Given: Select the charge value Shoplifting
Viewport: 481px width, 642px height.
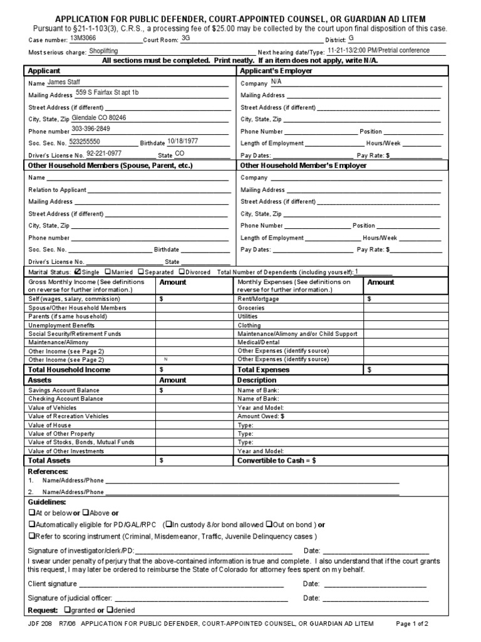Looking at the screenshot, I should pos(104,51).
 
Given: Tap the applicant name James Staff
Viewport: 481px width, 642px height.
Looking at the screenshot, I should pos(64,82).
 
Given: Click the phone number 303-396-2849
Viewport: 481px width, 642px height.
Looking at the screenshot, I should pos(91,129).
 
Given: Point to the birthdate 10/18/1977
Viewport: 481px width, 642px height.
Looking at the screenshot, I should pos(183,141).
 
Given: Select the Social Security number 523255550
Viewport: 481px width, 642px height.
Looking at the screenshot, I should pos(89,142).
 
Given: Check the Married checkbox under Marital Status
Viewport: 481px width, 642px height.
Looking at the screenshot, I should pos(108,272).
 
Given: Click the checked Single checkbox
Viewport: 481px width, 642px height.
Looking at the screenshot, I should pos(78,272).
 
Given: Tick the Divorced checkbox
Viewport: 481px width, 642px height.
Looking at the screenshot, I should pos(182,272).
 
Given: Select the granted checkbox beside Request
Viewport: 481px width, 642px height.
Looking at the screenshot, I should pos(67,609).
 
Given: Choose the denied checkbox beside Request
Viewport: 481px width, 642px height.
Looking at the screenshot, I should pos(110,609).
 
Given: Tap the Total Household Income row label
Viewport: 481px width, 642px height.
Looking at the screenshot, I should pos(69,370).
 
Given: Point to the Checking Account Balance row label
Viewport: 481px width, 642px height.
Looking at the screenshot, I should pos(66,399).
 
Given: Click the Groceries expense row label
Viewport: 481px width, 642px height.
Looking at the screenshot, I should pos(251,308).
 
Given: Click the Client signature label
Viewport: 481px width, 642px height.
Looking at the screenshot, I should pos(53,584).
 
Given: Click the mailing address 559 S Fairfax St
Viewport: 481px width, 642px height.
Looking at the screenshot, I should pos(107,93).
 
